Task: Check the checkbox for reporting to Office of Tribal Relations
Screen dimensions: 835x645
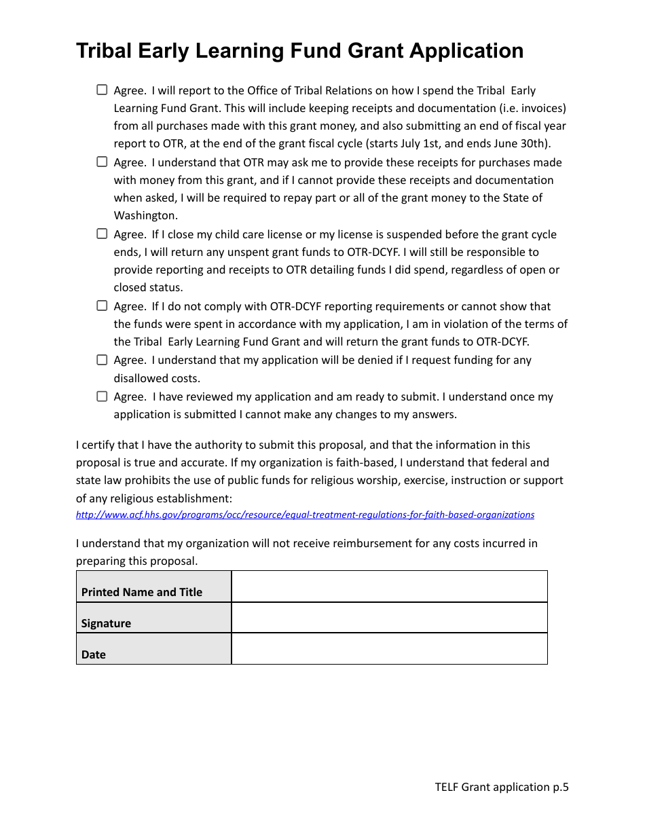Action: coord(102,90)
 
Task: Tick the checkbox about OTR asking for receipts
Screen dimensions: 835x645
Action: coord(102,162)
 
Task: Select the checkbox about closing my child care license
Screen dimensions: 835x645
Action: coord(102,234)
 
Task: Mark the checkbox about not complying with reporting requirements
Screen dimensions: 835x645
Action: coord(102,305)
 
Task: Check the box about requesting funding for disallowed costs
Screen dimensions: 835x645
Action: coord(102,359)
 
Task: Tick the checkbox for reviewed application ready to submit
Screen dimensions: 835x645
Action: coord(102,396)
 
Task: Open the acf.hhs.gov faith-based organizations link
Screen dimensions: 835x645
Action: coord(305,515)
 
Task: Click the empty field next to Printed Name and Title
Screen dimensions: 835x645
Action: coord(389,587)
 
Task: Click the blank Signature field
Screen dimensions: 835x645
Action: coord(389,618)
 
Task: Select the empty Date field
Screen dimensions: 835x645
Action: coord(389,649)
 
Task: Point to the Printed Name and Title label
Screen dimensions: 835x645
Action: coord(142,592)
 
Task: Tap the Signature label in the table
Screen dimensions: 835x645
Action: coord(106,623)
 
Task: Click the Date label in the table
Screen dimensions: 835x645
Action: coord(94,654)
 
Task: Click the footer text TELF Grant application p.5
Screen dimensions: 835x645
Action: coord(502,787)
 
